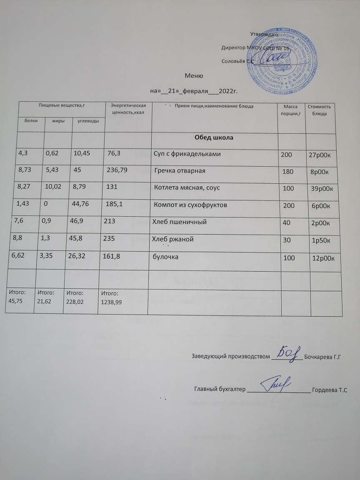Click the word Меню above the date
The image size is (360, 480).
pos(194,76)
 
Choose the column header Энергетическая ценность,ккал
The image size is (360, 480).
pos(128,110)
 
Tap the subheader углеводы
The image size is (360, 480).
pos(88,121)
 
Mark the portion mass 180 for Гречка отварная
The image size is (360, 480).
pos(287,171)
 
